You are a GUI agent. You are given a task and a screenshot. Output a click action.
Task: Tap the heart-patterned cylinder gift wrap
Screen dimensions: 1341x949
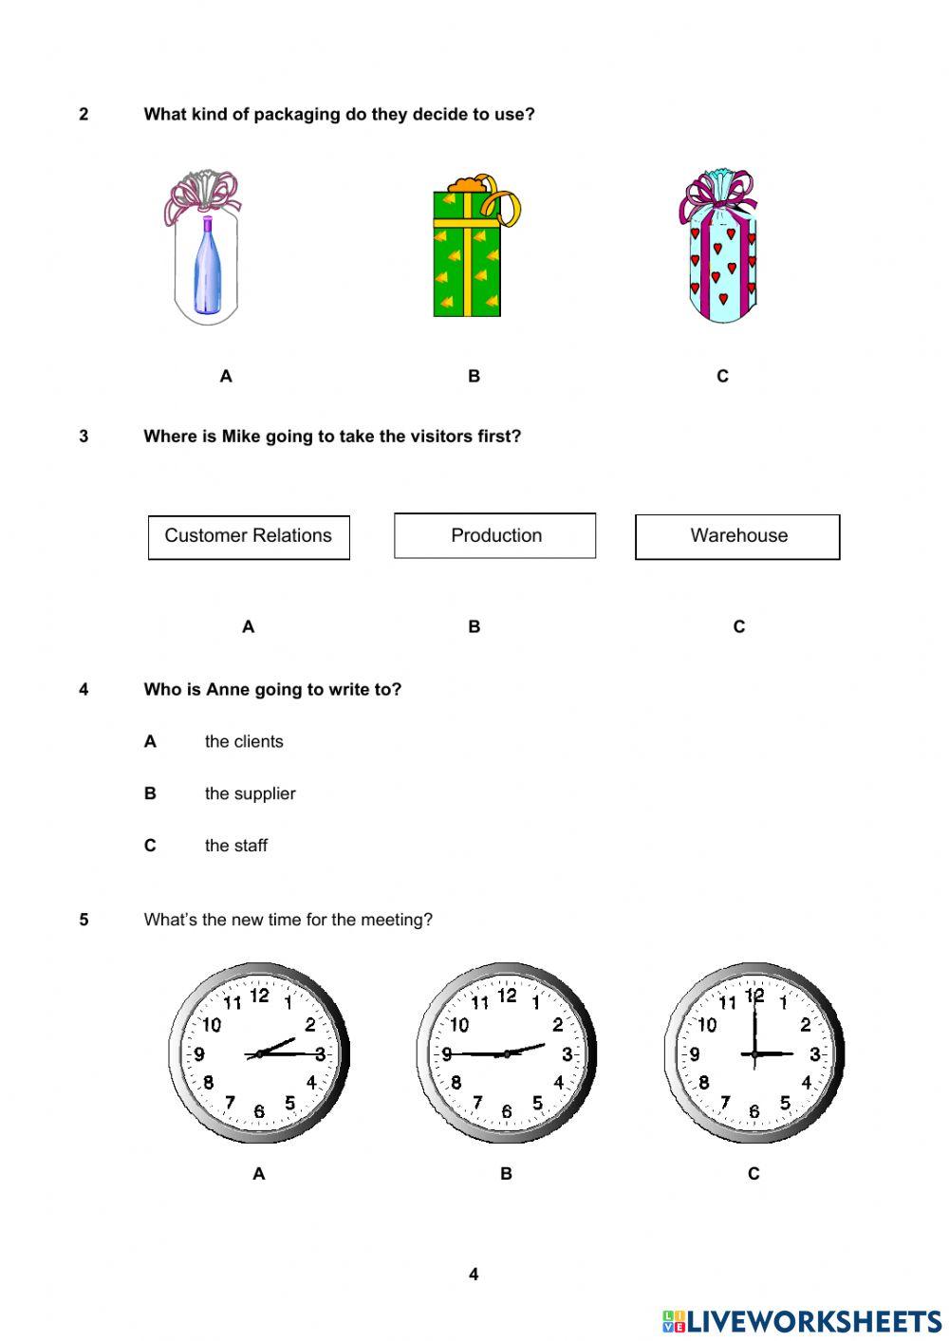click(722, 261)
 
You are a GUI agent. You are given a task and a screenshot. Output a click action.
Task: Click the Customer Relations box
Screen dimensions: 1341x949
click(249, 536)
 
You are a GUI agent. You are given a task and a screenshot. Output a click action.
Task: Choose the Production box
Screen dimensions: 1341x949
click(495, 536)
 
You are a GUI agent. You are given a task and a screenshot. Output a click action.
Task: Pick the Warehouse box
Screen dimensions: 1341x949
click(737, 536)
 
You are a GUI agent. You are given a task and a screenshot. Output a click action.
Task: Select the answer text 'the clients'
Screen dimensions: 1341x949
click(244, 742)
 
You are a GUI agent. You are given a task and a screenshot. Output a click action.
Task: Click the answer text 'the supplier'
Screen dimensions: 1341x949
click(250, 794)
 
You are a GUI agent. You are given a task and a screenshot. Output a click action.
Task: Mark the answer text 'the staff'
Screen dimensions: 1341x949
click(236, 846)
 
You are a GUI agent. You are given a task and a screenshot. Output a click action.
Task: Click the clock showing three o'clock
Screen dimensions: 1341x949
click(754, 1053)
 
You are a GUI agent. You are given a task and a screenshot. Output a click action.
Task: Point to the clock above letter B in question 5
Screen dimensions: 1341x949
click(506, 1053)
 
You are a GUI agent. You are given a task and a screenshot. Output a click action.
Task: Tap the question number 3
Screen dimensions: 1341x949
click(84, 437)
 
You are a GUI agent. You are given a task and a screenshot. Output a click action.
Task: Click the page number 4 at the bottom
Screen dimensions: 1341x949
click(474, 1275)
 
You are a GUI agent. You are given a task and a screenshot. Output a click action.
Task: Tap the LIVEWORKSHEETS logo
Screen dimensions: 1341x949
click(802, 1321)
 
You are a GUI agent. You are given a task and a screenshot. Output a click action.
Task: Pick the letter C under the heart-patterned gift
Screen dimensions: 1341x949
click(722, 377)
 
